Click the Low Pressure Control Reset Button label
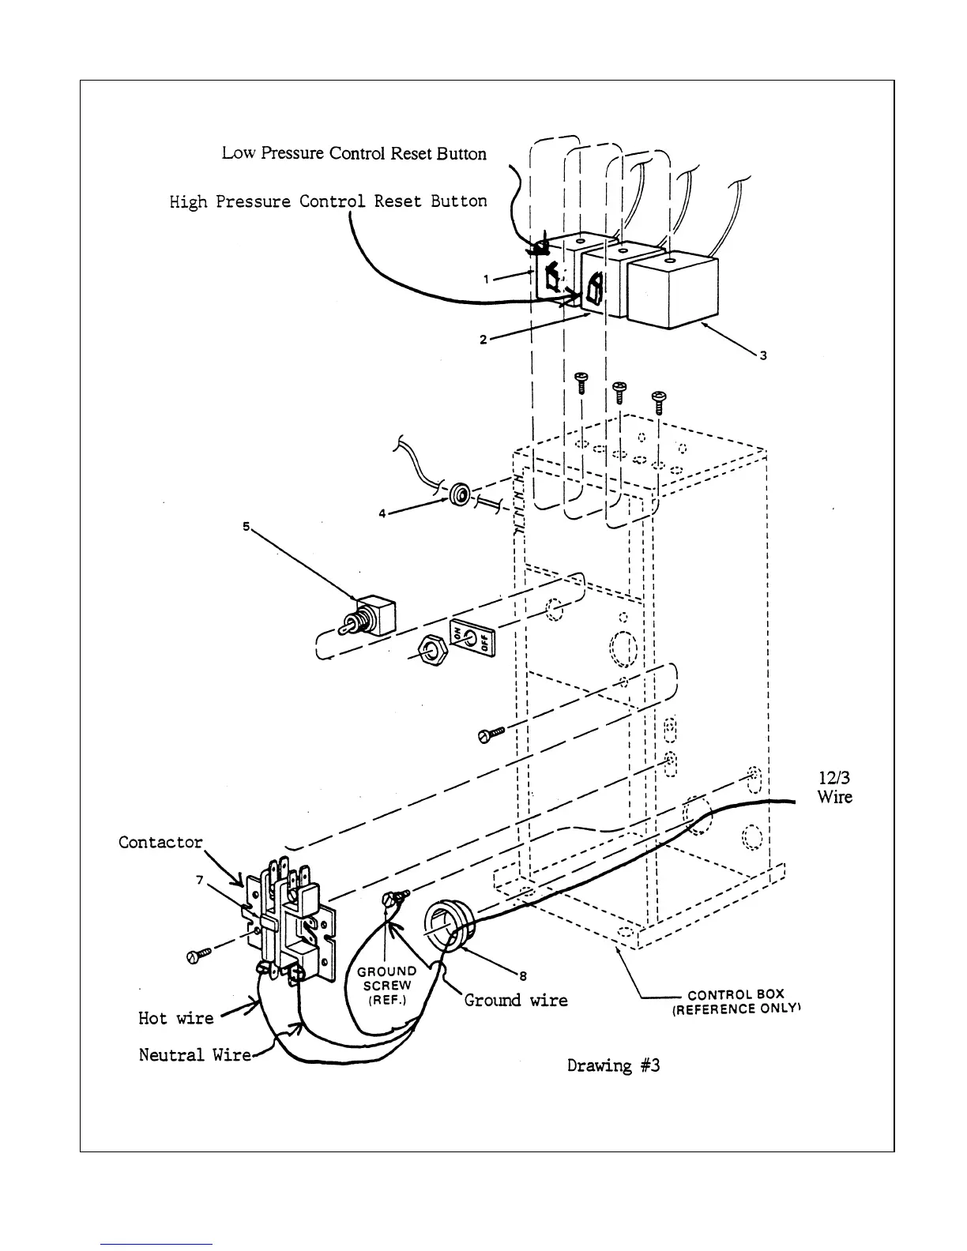coord(354,153)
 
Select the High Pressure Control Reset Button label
coord(328,201)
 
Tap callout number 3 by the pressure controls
coord(763,355)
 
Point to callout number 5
coord(246,525)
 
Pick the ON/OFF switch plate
coord(472,637)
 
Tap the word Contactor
coord(160,843)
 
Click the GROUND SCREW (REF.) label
coord(386,985)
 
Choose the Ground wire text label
coord(515,1001)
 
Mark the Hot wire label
coord(175,1018)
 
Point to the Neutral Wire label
coord(194,1055)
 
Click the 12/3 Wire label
coord(834,787)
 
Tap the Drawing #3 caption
coord(613,1065)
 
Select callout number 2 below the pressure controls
coord(482,340)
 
